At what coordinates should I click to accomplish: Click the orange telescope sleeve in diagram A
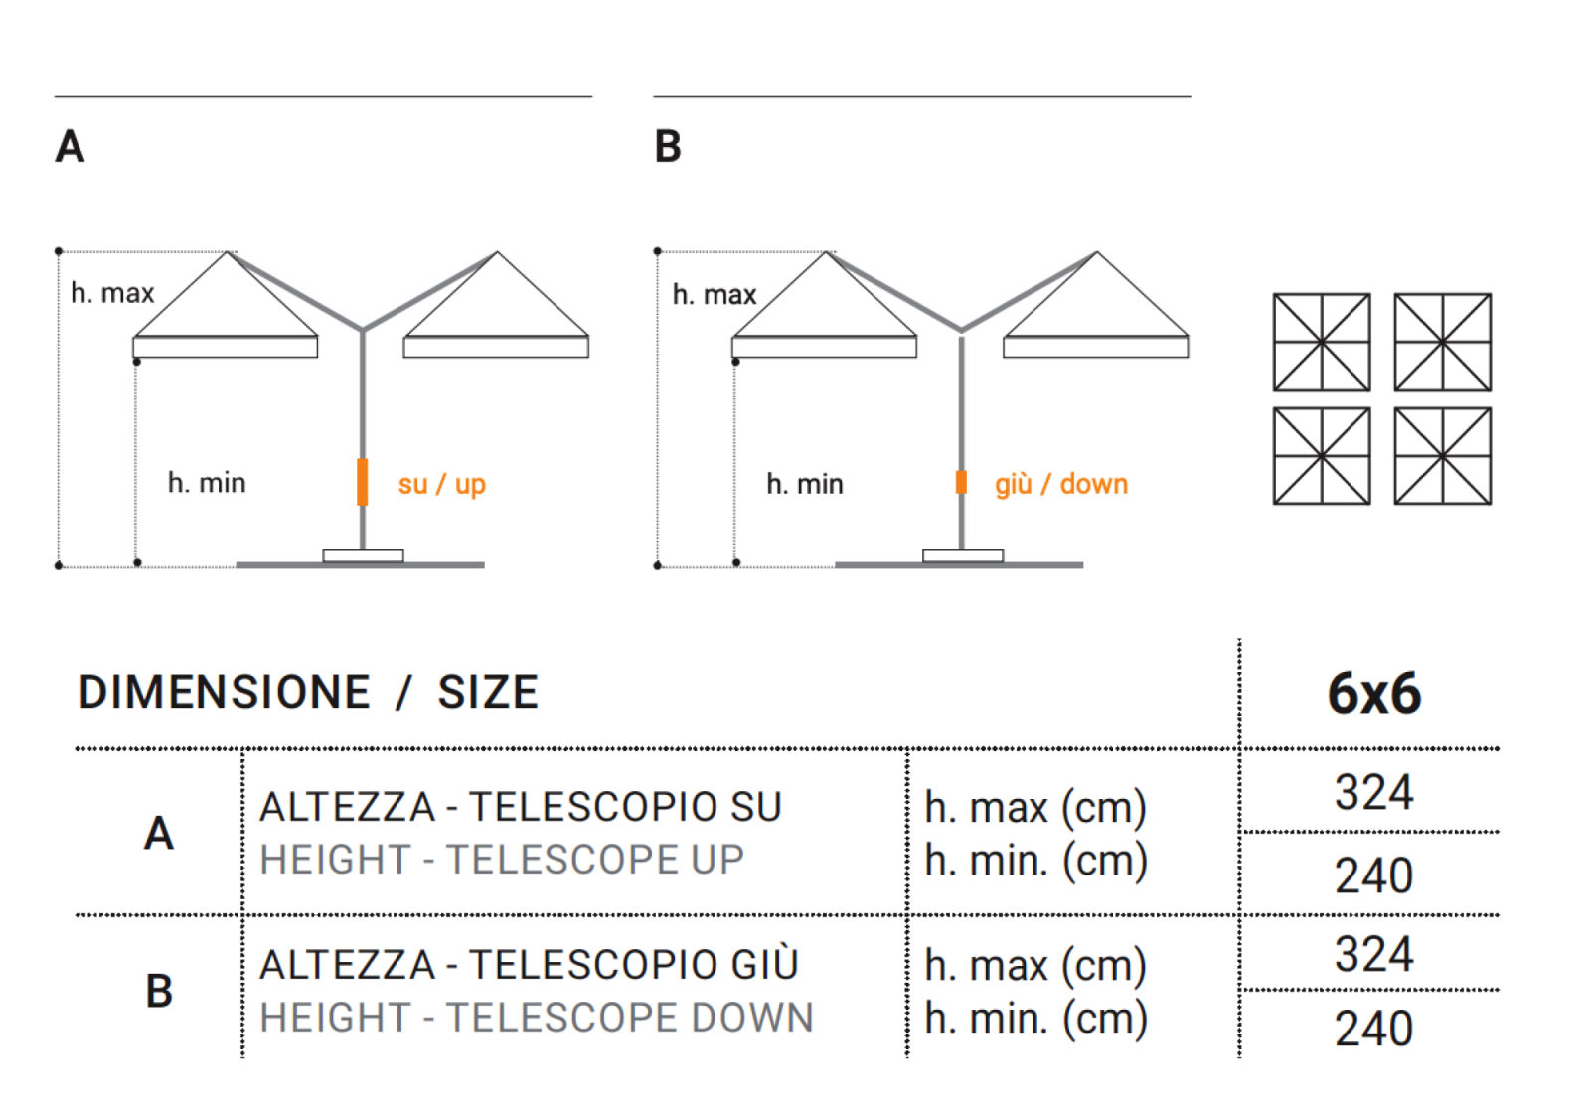362,482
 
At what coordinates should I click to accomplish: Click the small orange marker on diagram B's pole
961,482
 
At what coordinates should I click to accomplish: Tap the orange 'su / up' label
441,485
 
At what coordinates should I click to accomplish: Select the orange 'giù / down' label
1061,484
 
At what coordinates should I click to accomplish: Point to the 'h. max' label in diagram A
112,293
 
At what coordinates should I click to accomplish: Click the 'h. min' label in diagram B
805,484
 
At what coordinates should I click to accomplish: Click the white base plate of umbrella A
364,556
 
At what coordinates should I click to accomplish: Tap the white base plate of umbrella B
963,556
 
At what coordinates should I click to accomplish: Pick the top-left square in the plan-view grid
1322,342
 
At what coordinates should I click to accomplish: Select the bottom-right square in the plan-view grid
1442,456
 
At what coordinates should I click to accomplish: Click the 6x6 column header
1374,693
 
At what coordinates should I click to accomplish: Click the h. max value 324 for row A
1374,792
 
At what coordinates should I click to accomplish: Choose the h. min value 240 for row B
1374,1029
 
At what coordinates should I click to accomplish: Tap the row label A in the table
159,833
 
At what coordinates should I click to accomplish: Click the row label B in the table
159,991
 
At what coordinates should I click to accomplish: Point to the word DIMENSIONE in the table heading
225,692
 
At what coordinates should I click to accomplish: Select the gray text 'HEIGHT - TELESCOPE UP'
502,860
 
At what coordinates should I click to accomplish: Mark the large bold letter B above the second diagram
668,146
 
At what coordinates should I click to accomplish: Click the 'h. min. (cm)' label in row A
1035,861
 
